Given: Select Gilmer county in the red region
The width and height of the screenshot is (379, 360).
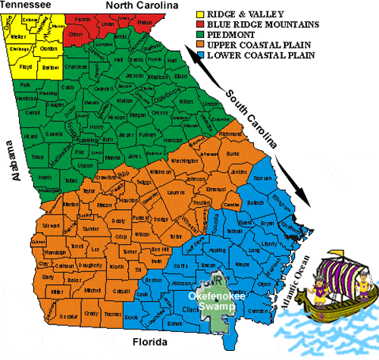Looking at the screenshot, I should [77, 34].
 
